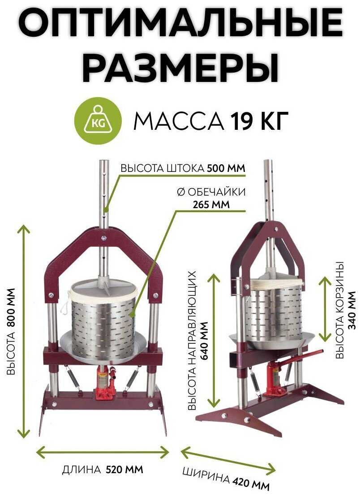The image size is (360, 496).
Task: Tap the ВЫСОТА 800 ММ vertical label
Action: tap(10, 331)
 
